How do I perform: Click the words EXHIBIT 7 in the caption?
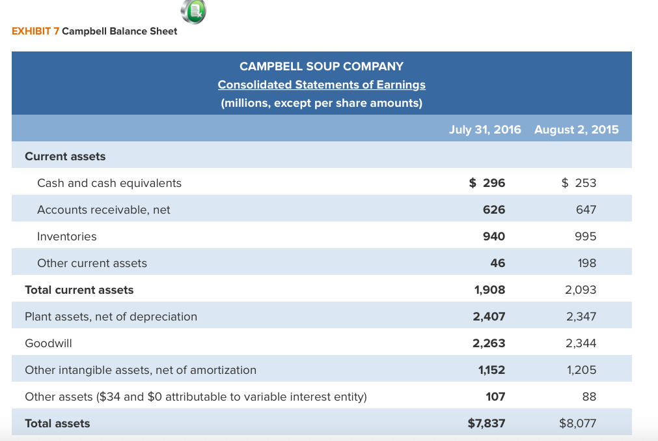click(36, 31)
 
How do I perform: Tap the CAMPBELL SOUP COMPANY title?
click(322, 66)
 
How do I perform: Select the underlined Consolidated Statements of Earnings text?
click(322, 85)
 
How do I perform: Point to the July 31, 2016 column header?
click(485, 130)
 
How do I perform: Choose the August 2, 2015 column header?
click(576, 130)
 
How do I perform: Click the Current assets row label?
click(65, 156)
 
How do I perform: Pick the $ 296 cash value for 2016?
click(487, 183)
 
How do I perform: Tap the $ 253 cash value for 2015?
click(579, 183)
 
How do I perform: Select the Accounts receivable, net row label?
click(104, 210)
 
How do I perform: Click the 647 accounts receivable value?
click(586, 210)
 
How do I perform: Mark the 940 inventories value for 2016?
click(494, 236)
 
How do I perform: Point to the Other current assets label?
click(92, 263)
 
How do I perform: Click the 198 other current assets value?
click(586, 263)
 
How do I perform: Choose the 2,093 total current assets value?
click(580, 290)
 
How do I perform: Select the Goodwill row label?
click(48, 343)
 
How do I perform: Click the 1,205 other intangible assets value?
click(581, 370)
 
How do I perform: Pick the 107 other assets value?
click(495, 397)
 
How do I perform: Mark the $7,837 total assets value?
click(486, 423)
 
